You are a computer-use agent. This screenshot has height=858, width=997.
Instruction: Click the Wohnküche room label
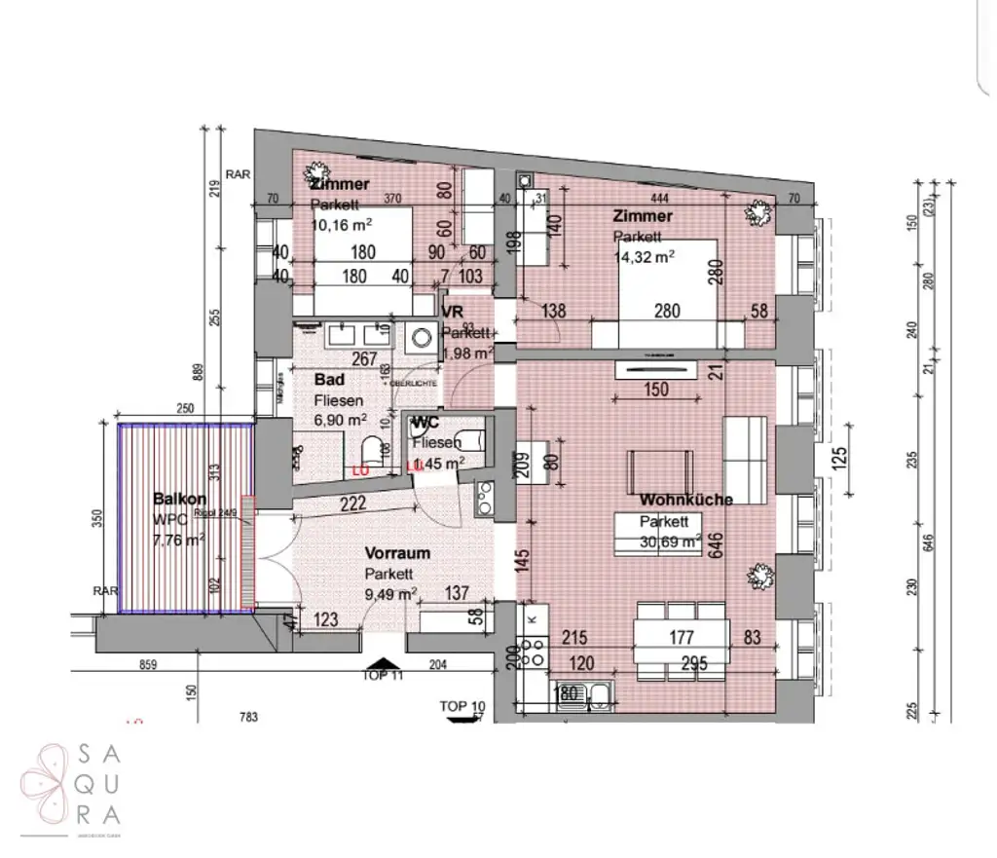tap(685, 500)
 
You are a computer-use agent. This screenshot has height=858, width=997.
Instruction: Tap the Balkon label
tap(179, 499)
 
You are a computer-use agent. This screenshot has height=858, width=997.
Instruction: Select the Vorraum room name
tap(397, 553)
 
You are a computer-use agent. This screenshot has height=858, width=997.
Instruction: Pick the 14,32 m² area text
tap(645, 256)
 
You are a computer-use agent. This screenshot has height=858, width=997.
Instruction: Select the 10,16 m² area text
tap(342, 224)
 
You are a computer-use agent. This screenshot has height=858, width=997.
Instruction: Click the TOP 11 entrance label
tap(382, 675)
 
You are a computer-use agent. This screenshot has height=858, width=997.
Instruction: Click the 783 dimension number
tap(248, 718)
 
